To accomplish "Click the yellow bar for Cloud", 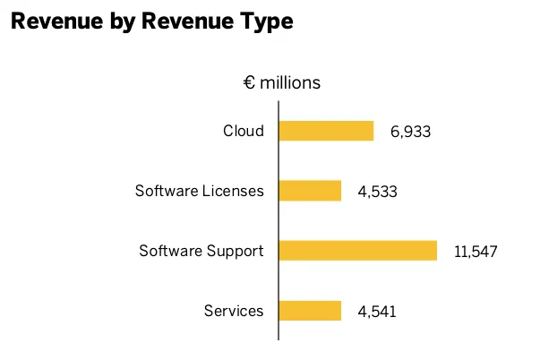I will point(326,131).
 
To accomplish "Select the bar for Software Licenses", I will point(310,191).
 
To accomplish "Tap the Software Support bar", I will point(357,251).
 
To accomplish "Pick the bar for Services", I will point(310,311).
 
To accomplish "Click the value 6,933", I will point(410,132).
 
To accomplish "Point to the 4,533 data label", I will point(376,192).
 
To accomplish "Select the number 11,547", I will point(475,252).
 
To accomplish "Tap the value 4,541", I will point(376,312).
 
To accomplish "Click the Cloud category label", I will point(244,131).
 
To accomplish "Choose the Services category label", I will point(234,311).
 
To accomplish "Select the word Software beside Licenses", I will point(166,191).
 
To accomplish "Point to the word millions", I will point(290,83).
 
